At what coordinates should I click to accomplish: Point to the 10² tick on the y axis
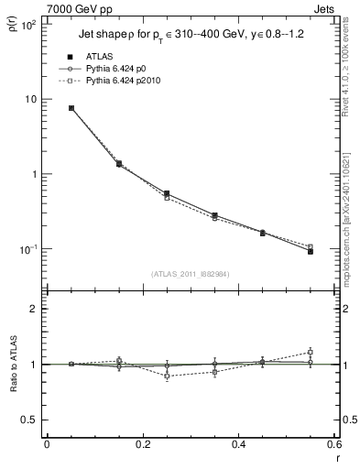pyautogui.click(x=27, y=25)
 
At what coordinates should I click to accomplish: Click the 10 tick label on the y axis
pyautogui.click(x=29, y=99)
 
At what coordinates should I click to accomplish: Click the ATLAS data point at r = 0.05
pyautogui.click(x=71, y=108)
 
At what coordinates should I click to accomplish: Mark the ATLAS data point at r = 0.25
pyautogui.click(x=167, y=193)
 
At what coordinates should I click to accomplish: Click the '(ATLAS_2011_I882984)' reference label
pyautogui.click(x=191, y=274)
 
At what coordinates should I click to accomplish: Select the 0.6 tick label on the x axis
pyautogui.click(x=333, y=444)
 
